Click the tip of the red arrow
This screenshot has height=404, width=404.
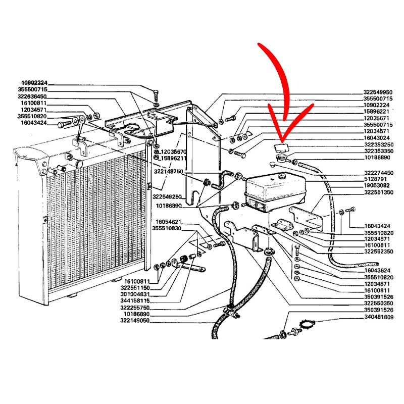coord(281,140)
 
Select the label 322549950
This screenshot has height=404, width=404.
coord(378,92)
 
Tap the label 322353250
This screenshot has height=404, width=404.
coord(378,144)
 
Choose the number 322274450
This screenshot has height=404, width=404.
coord(378,173)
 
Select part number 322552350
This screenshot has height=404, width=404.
coord(378,250)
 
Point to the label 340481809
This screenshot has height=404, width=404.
coord(378,317)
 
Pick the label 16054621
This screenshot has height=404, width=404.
coord(168,222)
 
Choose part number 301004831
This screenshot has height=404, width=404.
coord(135,294)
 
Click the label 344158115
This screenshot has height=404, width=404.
coord(135,300)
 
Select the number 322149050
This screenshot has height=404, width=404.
coord(135,320)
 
